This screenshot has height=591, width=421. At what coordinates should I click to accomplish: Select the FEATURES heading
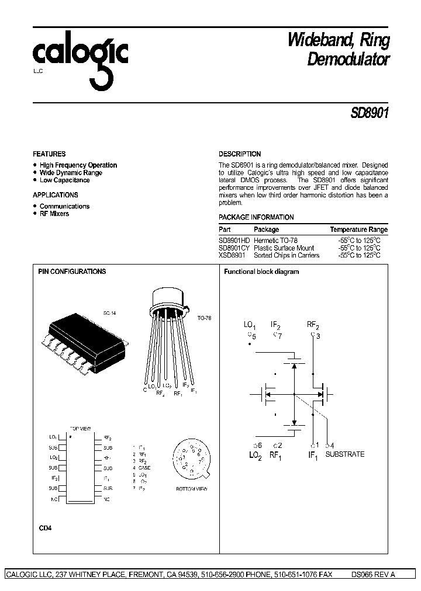click(x=49, y=154)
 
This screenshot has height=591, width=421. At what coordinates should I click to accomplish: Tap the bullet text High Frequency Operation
click(x=78, y=165)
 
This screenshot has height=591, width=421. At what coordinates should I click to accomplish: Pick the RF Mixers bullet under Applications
click(x=54, y=214)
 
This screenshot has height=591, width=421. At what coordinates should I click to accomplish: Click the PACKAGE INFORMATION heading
click(x=256, y=217)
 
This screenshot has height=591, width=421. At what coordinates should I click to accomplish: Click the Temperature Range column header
click(x=358, y=230)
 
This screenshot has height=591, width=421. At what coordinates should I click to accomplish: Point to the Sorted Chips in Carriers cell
click(x=287, y=255)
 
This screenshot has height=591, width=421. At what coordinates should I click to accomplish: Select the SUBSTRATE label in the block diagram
click(x=344, y=454)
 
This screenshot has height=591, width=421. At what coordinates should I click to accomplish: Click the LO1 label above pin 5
click(x=250, y=325)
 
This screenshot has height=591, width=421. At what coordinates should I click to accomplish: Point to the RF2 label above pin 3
click(x=313, y=325)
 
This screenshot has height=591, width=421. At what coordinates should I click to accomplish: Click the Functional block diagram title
click(x=261, y=272)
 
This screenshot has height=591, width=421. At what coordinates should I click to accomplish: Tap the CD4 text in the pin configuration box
click(x=45, y=528)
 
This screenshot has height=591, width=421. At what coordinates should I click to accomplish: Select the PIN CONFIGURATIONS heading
click(x=72, y=272)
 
